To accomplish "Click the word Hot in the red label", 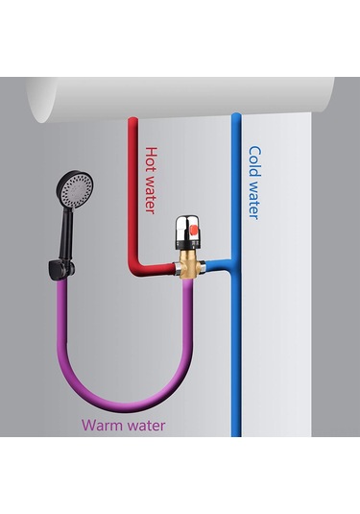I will [151, 157].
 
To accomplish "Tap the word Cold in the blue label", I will [254, 160].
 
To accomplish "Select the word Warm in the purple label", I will [100, 425].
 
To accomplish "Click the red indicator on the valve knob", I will [191, 228].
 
